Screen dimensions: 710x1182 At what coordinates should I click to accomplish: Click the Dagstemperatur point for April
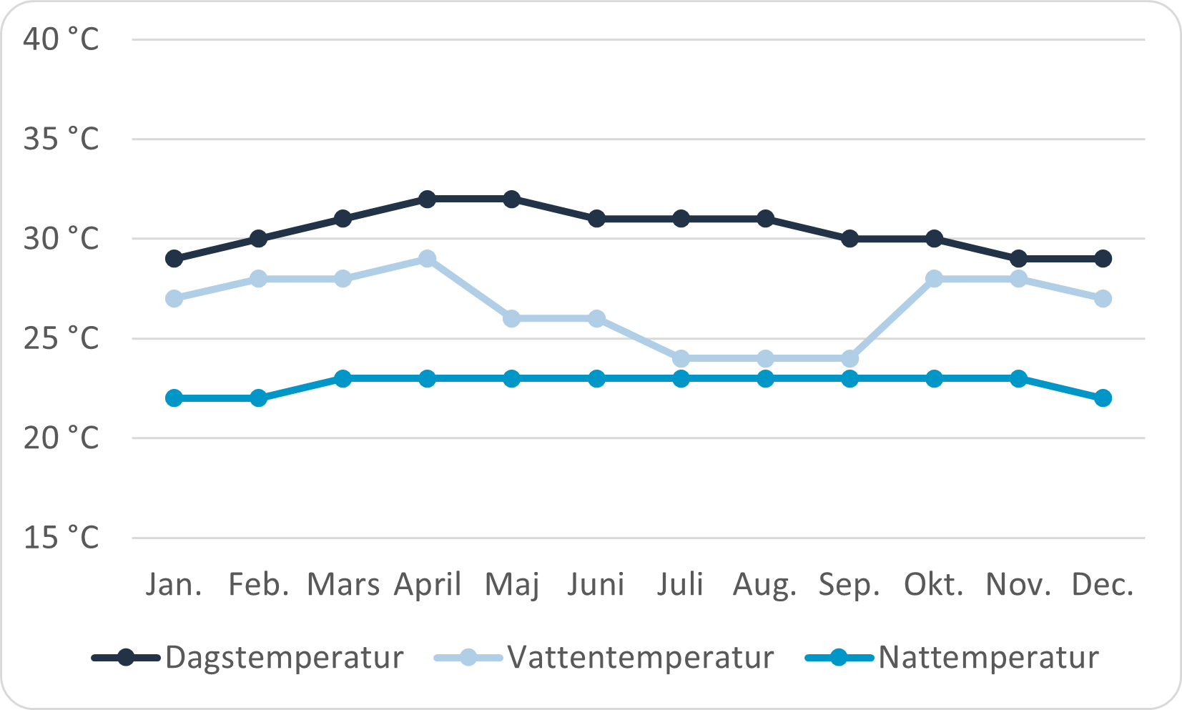(428, 199)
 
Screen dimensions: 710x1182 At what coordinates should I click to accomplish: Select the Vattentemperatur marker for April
(428, 258)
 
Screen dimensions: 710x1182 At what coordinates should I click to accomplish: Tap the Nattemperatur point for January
(174, 398)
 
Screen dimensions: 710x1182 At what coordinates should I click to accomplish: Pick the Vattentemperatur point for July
(681, 358)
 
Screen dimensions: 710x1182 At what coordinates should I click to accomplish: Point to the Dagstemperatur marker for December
(1103, 258)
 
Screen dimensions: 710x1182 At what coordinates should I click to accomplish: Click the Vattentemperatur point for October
(934, 278)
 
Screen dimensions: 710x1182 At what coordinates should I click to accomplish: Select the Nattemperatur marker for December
(1103, 398)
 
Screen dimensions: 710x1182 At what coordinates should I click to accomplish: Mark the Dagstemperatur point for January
(174, 258)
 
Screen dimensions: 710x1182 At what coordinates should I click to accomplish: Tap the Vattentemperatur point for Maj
(512, 318)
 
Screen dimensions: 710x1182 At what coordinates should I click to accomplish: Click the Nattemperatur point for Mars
(343, 378)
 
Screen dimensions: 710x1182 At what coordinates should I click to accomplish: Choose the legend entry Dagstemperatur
(284, 657)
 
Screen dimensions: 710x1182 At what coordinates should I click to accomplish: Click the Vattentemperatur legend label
(641, 657)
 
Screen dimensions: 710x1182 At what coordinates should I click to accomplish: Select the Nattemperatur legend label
(988, 657)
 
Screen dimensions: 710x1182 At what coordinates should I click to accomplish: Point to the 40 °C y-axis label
(61, 39)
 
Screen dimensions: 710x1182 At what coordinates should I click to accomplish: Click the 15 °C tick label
(61, 538)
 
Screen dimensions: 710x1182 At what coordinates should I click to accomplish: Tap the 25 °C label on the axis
(61, 338)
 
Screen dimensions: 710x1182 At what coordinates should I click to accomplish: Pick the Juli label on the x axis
(681, 585)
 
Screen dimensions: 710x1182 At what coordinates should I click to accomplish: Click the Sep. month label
(849, 585)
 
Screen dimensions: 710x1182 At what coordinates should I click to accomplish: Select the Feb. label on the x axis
(259, 585)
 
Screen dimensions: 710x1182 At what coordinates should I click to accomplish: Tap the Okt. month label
(934, 585)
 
